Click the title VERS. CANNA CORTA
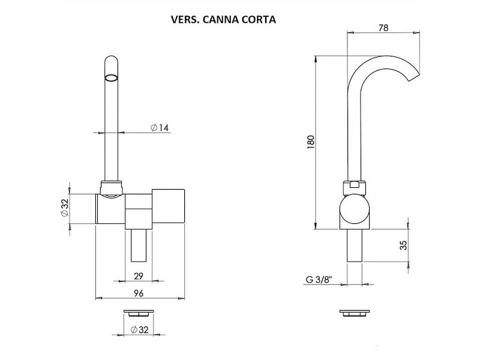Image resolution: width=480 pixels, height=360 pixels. point(223,19)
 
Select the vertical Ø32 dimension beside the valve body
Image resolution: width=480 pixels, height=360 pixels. point(64,208)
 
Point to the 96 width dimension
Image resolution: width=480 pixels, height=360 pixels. point(138,293)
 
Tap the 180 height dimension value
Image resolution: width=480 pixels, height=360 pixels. point(311,142)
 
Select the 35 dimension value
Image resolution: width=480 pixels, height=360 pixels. point(403,245)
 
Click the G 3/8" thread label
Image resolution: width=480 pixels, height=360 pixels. point(318,280)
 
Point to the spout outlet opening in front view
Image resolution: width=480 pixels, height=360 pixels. point(112,77)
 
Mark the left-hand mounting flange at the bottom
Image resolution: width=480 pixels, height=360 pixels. point(138,313)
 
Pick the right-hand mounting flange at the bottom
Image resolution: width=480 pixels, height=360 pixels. point(354,313)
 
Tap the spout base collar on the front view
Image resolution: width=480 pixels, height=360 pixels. point(112,189)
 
